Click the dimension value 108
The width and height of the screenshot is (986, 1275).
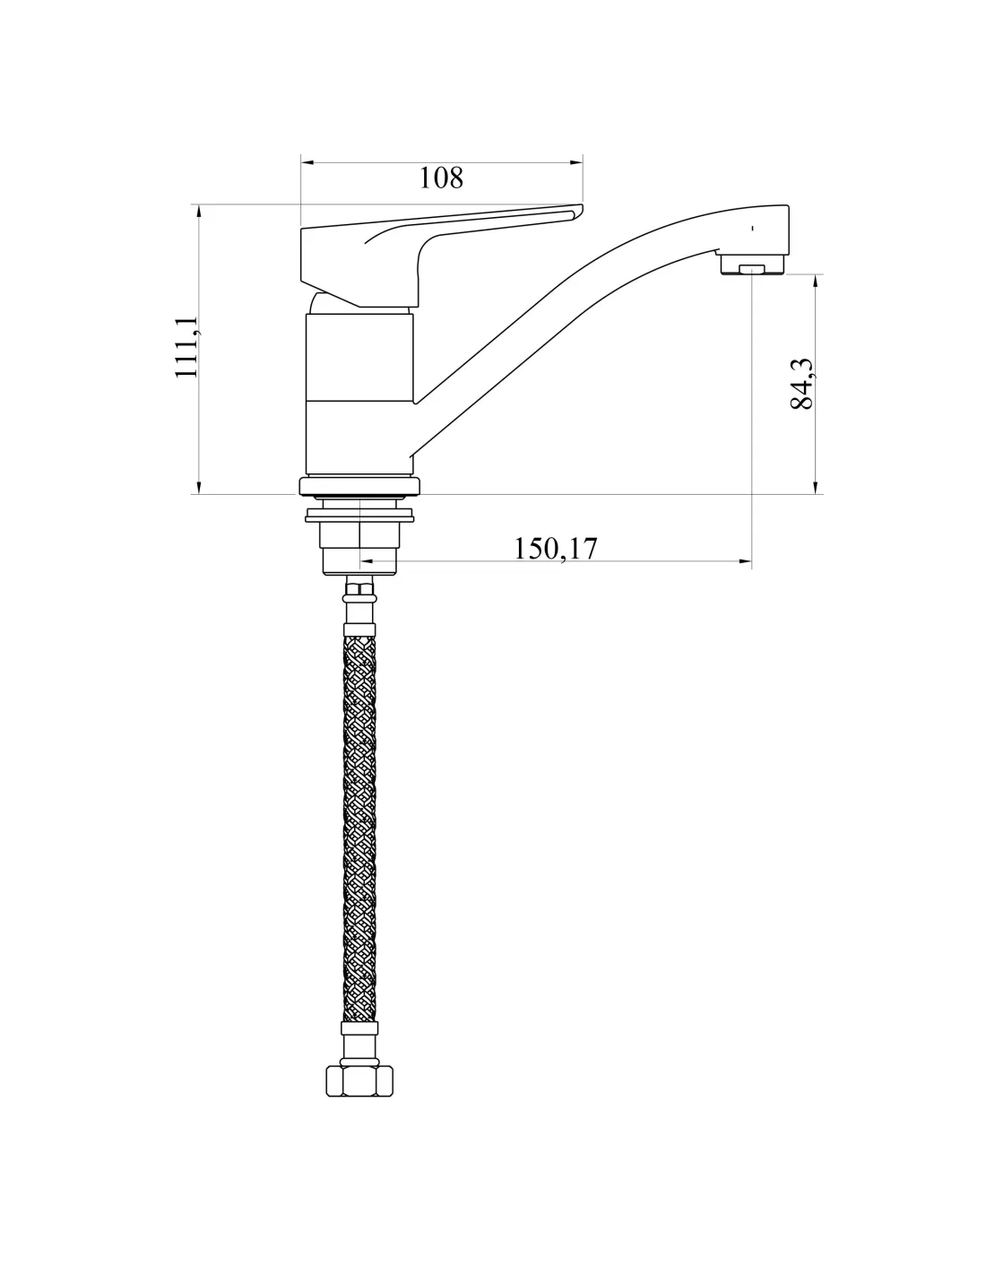441,178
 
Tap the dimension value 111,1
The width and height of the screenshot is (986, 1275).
187,347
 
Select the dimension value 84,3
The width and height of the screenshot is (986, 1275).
802,384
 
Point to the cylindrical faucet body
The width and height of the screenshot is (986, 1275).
359,393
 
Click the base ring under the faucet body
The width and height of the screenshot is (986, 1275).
359,486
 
